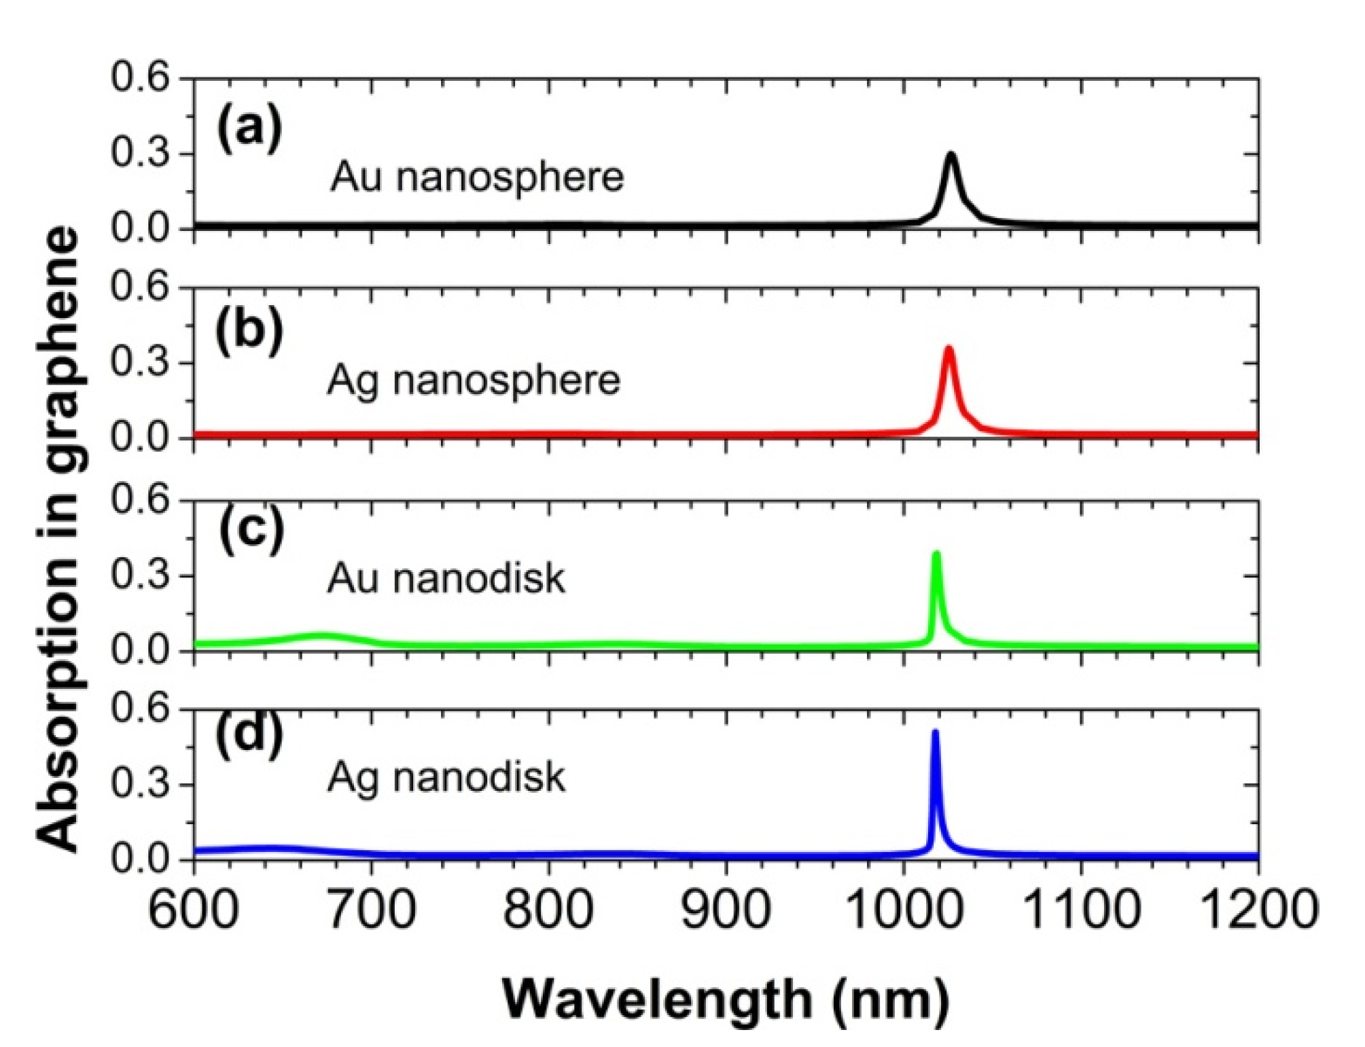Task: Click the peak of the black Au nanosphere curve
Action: click(951, 155)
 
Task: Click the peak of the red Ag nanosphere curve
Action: click(949, 349)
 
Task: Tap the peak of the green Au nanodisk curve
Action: click(937, 553)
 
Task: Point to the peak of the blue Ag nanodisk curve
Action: click(936, 732)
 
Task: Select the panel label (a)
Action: click(249, 127)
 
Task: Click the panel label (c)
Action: click(251, 531)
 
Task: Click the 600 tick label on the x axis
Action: click(194, 908)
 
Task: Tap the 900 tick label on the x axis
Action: click(726, 908)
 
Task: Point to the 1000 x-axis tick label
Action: click(904, 908)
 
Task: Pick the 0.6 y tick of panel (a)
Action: click(140, 78)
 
